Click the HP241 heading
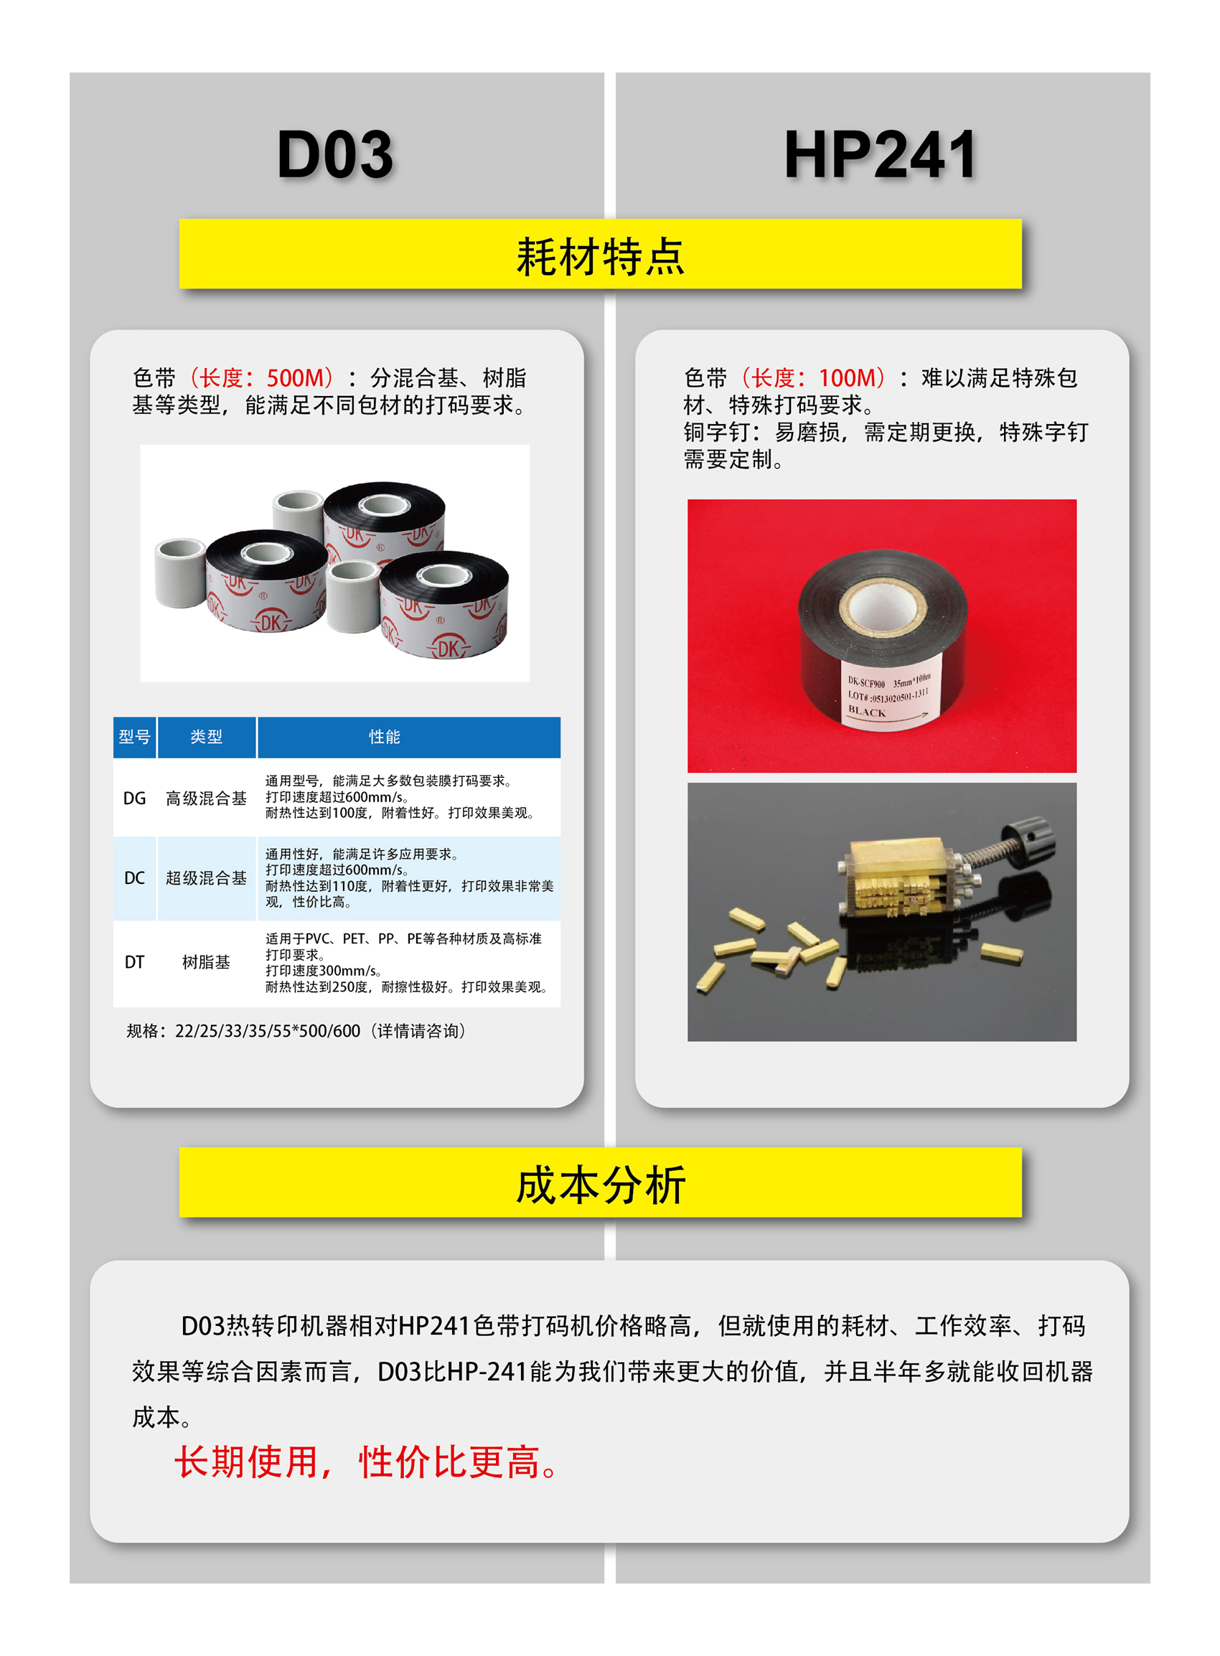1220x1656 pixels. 881,154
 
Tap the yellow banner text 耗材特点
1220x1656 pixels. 601,257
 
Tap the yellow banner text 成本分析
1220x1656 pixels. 601,1185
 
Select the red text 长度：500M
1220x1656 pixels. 261,378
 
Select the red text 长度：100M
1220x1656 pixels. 813,378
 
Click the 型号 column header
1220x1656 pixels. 134,737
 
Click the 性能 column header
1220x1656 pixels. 385,737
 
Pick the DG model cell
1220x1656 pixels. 134,798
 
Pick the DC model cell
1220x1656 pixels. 134,878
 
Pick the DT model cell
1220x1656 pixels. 134,962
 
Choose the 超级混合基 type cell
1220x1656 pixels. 206,878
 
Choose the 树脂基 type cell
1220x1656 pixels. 206,962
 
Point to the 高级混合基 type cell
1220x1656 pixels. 206,798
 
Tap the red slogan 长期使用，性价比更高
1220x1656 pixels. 365,1462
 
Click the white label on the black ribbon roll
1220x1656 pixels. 888,697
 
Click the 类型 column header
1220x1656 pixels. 206,737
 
